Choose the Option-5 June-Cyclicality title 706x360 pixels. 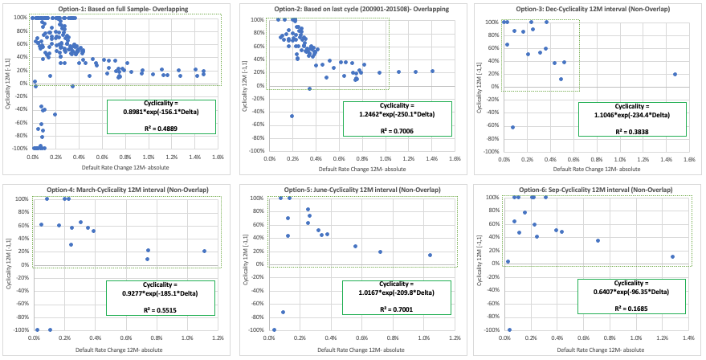tap(356, 187)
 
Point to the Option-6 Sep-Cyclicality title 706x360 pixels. tap(590, 187)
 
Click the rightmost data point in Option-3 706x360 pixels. tap(675, 74)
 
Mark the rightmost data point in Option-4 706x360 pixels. tap(204, 251)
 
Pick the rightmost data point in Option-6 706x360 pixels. tap(672, 257)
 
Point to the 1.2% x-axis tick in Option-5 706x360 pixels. tap(454, 338)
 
